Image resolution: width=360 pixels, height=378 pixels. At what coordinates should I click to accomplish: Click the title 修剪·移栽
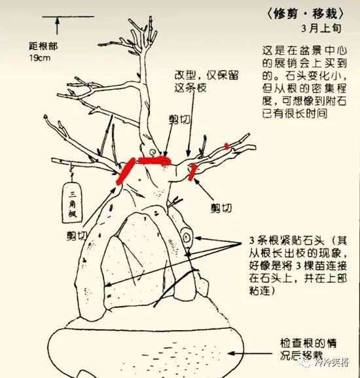click(x=304, y=13)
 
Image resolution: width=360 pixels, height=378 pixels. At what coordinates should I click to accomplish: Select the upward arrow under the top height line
click(x=58, y=25)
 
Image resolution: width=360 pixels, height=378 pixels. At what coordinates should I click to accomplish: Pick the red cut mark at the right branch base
click(x=193, y=171)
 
